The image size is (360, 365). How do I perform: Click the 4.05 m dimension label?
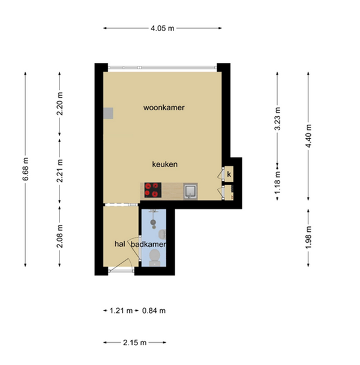(163, 28)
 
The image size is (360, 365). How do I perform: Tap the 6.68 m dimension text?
(25, 169)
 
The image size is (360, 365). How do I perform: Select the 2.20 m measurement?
(59, 104)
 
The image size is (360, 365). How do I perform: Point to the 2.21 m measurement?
(59, 171)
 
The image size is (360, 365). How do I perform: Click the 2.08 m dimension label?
(59, 236)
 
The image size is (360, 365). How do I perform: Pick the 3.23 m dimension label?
(277, 119)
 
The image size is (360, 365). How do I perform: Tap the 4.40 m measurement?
(308, 136)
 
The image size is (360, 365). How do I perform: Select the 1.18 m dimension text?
(277, 183)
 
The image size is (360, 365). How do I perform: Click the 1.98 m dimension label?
(308, 237)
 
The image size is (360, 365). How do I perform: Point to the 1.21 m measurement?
(121, 310)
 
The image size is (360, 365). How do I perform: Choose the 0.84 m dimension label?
(154, 310)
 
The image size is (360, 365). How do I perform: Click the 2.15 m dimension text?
(134, 342)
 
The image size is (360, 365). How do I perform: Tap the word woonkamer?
(164, 107)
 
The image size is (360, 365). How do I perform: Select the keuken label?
(165, 164)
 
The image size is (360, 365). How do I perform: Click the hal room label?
(120, 244)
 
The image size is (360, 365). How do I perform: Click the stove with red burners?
(153, 190)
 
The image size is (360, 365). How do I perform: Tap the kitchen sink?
(191, 191)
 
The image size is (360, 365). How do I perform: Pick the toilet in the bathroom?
(154, 258)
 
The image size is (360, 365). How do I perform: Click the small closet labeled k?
(229, 174)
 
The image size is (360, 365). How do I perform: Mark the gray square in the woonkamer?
(109, 113)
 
